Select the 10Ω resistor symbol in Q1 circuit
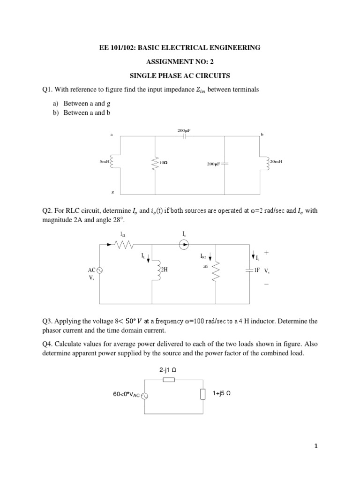pyautogui.click(x=154, y=162)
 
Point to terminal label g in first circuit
pyautogui.click(x=112, y=192)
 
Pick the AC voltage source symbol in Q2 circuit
pyautogui.click(x=99, y=270)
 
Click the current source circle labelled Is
pyautogui.click(x=184, y=244)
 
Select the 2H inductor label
pyautogui.click(x=164, y=270)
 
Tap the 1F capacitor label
pyautogui.click(x=256, y=270)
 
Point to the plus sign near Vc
pyautogui.click(x=266, y=252)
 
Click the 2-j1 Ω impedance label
pyautogui.click(x=168, y=370)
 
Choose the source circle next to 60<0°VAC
pyautogui.click(x=144, y=396)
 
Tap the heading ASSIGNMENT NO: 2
pyautogui.click(x=180, y=61)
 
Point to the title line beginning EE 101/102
pyautogui.click(x=180, y=47)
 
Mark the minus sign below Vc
pyautogui.click(x=266, y=284)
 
